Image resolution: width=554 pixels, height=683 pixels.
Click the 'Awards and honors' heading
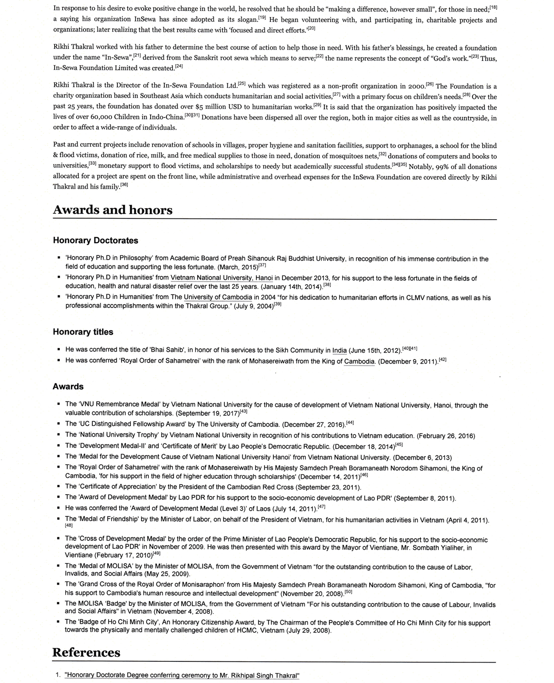(113, 210)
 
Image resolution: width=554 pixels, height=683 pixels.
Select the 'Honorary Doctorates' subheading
(95, 241)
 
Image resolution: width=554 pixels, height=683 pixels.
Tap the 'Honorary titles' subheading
(83, 332)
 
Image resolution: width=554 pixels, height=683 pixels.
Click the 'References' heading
(86, 652)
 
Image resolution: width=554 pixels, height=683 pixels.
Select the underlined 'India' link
(339, 350)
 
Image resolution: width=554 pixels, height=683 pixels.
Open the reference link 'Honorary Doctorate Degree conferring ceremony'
(182, 675)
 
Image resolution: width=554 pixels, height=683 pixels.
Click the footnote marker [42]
(442, 360)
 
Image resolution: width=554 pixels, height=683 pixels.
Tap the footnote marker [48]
(69, 525)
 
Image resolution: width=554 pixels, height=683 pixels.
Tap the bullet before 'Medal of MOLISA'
(59, 567)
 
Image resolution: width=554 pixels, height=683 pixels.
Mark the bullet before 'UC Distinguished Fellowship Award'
(59, 424)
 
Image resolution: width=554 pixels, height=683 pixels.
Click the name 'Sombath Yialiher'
(440, 547)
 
